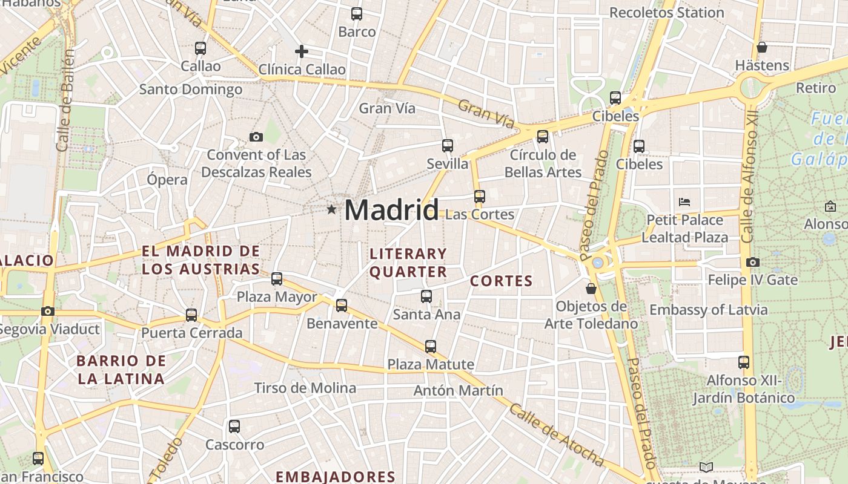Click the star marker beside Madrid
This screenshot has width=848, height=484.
[331, 209]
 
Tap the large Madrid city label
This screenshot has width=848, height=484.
[391, 211]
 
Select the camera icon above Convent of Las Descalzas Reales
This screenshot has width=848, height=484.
[256, 137]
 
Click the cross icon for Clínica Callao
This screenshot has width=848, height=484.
[302, 51]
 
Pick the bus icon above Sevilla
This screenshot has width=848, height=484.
[448, 146]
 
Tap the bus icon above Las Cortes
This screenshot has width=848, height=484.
[480, 197]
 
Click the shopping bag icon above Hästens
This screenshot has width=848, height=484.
[762, 47]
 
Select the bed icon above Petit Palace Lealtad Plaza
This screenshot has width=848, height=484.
[685, 201]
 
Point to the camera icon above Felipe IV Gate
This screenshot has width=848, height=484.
[753, 262]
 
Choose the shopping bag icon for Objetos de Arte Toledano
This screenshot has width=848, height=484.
[591, 289]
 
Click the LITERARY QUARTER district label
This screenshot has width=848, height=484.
[408, 263]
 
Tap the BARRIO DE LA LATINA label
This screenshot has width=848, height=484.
[121, 370]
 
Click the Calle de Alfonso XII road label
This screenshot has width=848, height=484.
[750, 175]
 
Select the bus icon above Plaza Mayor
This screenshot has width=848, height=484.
[277, 279]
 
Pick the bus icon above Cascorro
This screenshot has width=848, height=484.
[234, 427]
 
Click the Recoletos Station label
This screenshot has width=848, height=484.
[666, 13]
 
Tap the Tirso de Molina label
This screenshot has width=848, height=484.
[305, 388]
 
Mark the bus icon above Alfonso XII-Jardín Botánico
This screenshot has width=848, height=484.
[744, 362]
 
